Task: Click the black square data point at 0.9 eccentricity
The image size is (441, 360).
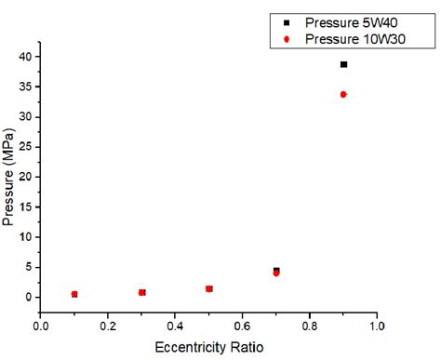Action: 343,64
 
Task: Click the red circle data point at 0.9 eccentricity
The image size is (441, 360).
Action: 343,94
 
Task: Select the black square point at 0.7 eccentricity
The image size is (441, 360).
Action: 276,271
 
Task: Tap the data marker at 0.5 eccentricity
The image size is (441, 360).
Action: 209,288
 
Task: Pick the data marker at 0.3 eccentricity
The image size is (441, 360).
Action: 141,292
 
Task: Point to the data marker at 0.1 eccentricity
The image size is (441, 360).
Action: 74,294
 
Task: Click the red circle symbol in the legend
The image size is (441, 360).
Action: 287,39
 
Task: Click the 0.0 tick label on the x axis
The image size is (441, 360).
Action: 41,327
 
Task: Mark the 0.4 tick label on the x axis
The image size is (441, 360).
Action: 175,327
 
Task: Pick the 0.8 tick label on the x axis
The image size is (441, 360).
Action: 310,327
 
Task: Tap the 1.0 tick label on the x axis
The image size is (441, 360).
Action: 377,327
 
